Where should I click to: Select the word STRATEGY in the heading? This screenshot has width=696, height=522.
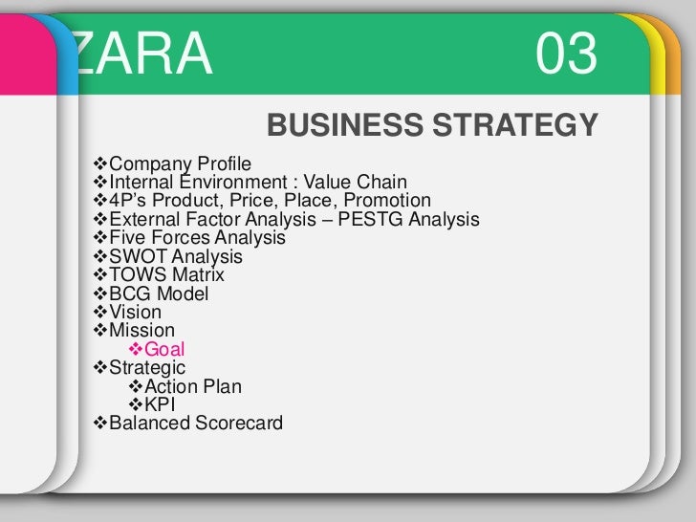pos(515,125)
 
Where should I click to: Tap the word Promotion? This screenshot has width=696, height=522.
pos(387,201)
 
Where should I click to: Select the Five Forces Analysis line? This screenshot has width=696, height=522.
pos(197,238)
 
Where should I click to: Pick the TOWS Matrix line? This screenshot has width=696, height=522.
pos(163,275)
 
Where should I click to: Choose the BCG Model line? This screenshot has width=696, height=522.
pos(159,294)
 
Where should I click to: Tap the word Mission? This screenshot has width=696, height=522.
pos(142,331)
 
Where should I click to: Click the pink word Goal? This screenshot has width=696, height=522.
pos(164,350)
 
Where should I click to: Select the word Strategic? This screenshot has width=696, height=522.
pos(147,368)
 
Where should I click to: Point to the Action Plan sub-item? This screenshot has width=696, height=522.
pos(192,387)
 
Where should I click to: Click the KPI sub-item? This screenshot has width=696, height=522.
pos(160,404)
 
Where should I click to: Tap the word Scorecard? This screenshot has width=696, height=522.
pos(238,423)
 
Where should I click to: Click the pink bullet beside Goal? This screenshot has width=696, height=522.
pos(135,350)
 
